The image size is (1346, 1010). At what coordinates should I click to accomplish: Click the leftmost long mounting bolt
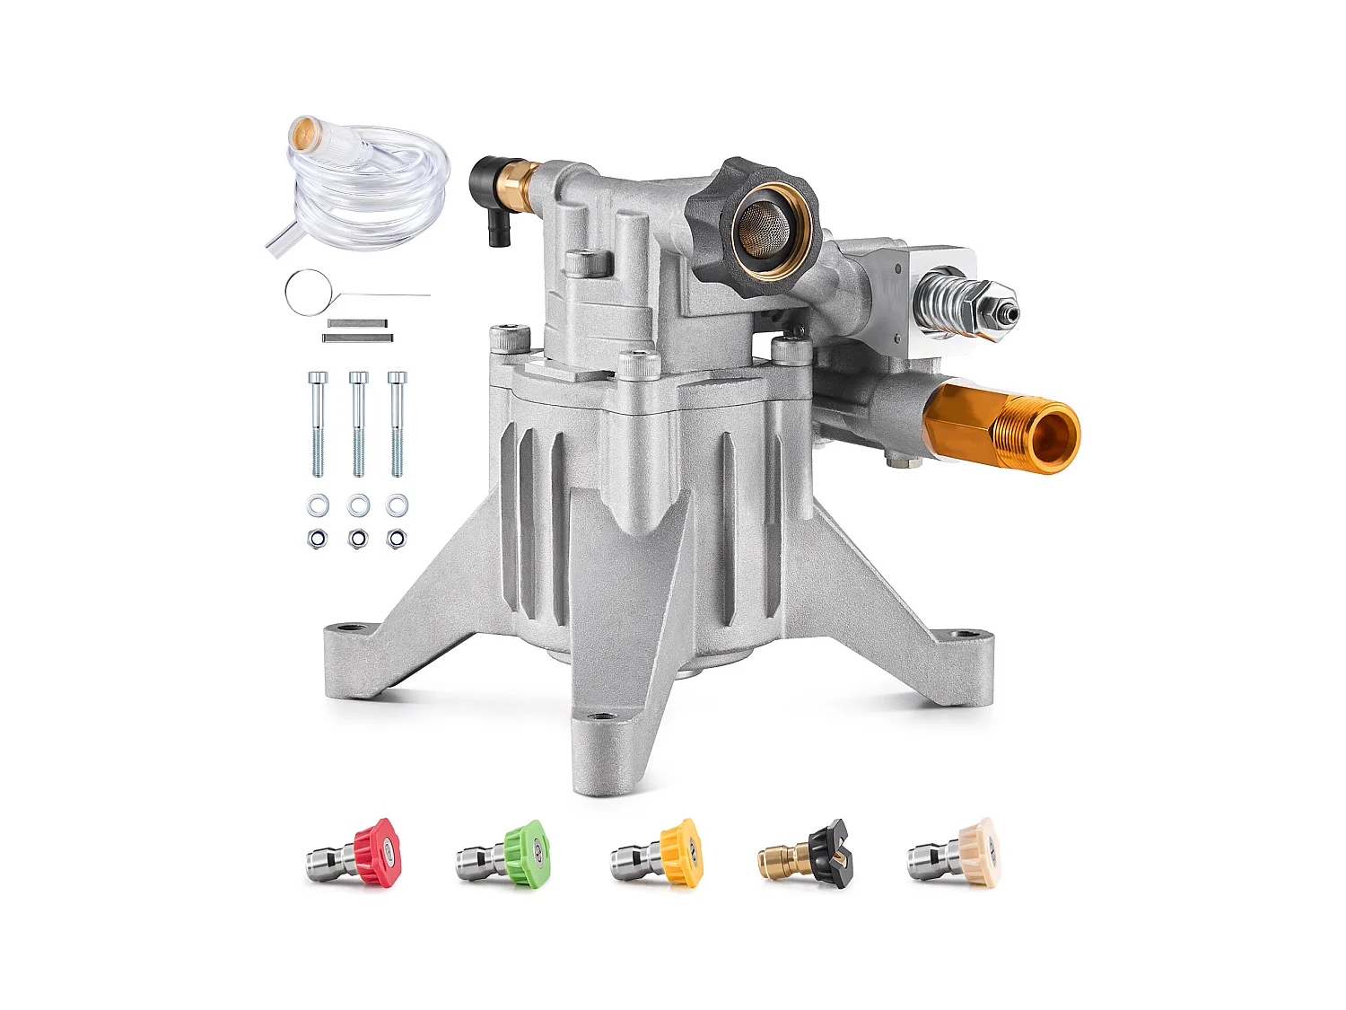(x=318, y=422)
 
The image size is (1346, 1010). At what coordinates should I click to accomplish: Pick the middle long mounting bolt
(x=358, y=422)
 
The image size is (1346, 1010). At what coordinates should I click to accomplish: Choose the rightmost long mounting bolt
(x=397, y=422)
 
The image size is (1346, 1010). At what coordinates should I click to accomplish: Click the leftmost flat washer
(x=318, y=505)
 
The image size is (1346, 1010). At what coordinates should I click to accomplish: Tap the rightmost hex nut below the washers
(x=396, y=539)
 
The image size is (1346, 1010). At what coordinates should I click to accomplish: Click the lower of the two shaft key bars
(x=357, y=338)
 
